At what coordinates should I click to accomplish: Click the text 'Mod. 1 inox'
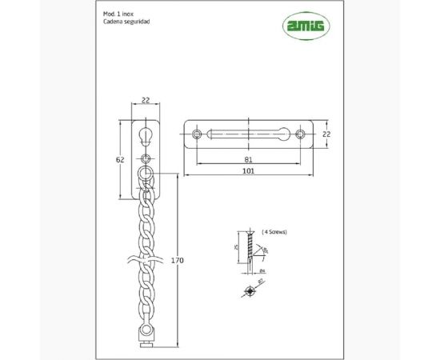(118, 14)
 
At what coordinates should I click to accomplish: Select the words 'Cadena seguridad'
(125, 22)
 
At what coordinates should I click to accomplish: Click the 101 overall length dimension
(250, 170)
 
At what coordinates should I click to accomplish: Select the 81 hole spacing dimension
(250, 158)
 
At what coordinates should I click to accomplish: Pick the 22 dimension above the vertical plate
(146, 100)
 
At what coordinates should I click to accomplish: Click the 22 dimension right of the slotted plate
(326, 134)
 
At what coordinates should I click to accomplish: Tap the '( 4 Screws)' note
(274, 231)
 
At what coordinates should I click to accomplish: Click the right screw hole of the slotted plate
(300, 134)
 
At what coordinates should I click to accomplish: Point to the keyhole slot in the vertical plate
(146, 132)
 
